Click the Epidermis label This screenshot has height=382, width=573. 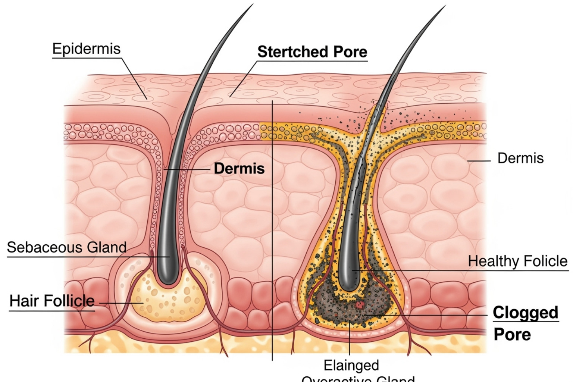coord(86,49)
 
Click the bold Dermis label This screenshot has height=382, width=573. coord(239,169)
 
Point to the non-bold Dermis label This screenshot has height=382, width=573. coord(520,158)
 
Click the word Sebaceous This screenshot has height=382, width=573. coord(44,247)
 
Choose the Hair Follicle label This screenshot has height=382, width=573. coord(52,301)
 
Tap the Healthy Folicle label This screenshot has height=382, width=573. coord(517,261)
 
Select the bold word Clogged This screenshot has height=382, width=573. coord(525,313)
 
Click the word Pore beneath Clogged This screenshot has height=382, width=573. coord(512,334)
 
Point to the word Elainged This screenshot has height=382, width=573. coord(351,365)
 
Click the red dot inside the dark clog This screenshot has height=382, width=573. coord(360,305)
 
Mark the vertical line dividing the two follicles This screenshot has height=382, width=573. coord(272,224)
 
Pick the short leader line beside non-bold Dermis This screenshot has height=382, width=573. coord(479,161)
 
